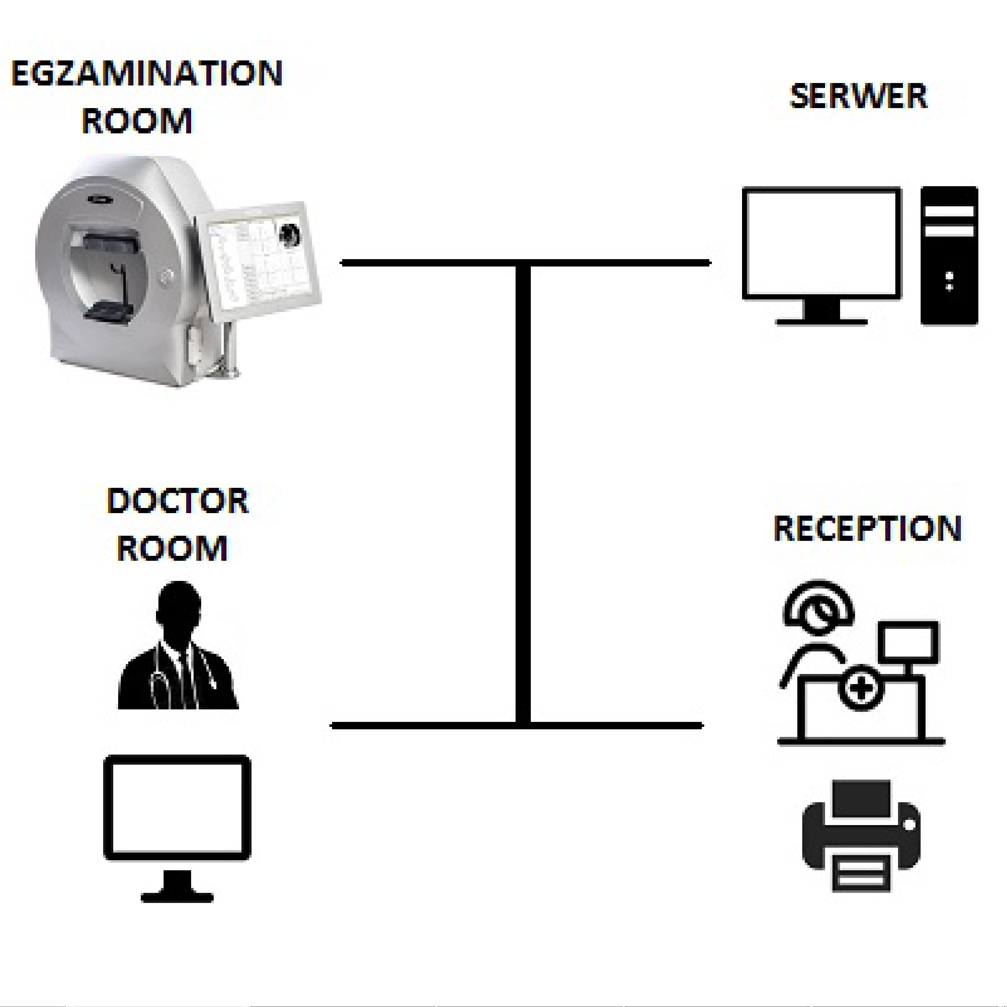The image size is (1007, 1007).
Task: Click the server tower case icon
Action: tap(949, 255)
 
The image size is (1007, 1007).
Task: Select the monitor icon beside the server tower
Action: tap(821, 245)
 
